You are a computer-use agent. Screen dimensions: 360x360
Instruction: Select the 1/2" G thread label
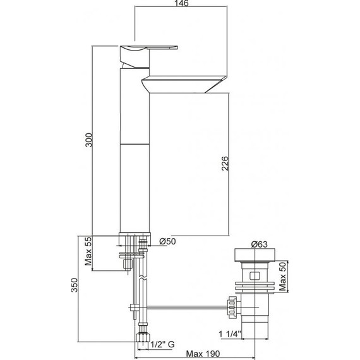[163, 344]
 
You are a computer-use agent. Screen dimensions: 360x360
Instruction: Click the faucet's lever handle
[152, 47]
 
